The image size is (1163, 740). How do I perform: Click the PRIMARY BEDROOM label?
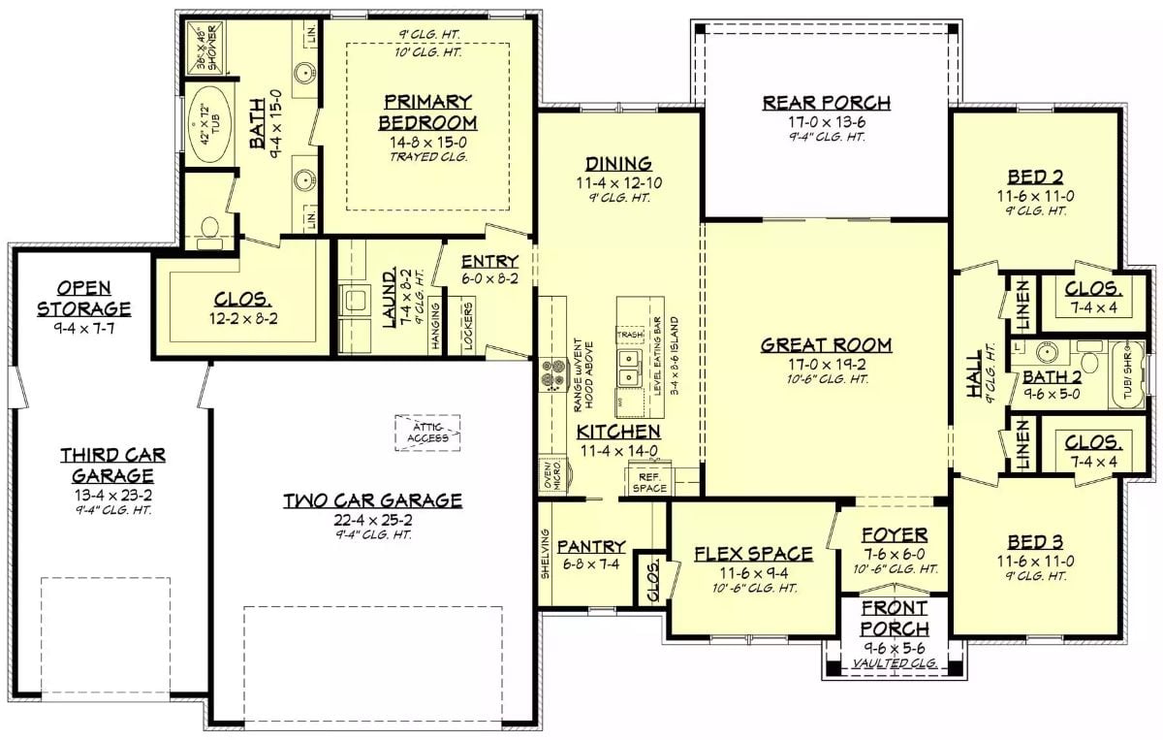point(427,112)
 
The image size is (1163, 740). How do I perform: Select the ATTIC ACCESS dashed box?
point(427,432)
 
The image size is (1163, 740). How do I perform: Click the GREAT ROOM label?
point(826,344)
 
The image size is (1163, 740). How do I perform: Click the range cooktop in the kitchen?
point(552,373)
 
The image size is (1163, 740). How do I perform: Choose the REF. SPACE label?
point(649,482)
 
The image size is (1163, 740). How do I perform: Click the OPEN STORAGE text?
point(83,298)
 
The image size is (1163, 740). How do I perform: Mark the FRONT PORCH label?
point(894,618)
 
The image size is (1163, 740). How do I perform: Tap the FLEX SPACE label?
point(753,554)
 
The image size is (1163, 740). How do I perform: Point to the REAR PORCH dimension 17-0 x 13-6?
point(826,123)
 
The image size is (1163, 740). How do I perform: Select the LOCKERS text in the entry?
point(468,328)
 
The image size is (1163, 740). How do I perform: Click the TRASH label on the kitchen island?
point(630,334)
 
